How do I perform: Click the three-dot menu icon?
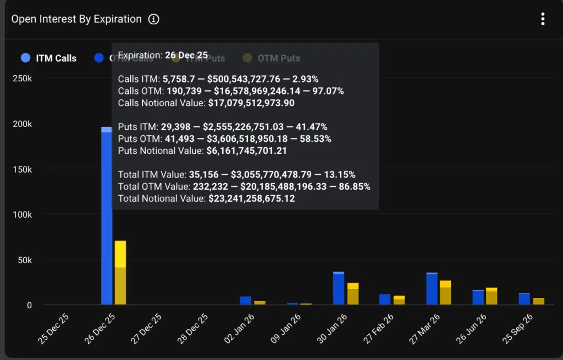click(x=543, y=19)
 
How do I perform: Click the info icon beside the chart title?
click(x=153, y=19)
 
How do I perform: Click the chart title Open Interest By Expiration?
click(x=76, y=19)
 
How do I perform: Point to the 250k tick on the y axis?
click(x=23, y=79)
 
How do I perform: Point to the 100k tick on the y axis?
click(x=23, y=214)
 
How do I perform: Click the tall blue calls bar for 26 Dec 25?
click(x=107, y=220)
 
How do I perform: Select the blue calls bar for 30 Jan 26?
click(x=339, y=289)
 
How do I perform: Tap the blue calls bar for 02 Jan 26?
click(x=245, y=301)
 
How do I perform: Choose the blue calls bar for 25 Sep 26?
click(x=524, y=299)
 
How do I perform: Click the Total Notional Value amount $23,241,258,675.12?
click(x=252, y=198)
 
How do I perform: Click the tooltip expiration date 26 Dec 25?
click(x=186, y=55)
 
